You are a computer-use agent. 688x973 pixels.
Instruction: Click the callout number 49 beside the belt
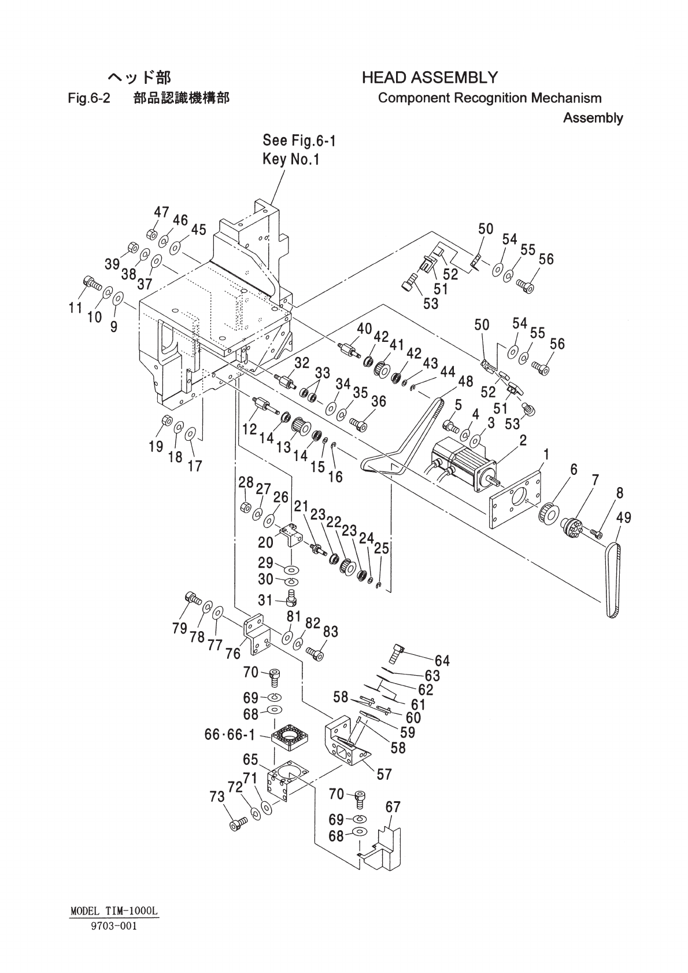click(x=623, y=518)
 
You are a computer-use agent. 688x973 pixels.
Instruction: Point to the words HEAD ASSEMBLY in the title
click(x=430, y=77)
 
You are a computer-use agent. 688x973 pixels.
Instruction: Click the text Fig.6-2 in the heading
click(x=88, y=98)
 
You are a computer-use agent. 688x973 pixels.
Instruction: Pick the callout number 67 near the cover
click(x=393, y=807)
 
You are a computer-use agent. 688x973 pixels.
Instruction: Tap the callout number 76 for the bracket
click(x=233, y=653)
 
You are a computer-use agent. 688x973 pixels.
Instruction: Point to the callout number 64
click(x=442, y=661)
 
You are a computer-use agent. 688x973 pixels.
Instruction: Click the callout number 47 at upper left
click(x=161, y=212)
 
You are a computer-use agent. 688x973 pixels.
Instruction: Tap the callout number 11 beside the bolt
click(x=75, y=307)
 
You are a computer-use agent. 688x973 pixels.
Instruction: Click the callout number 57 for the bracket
click(x=384, y=774)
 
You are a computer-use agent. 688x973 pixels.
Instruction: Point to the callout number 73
click(x=217, y=797)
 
